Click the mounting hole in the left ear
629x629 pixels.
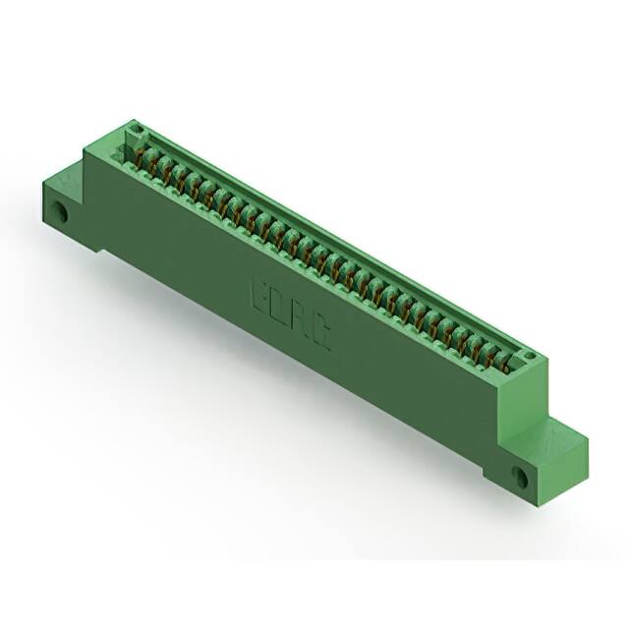click(x=62, y=210)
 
